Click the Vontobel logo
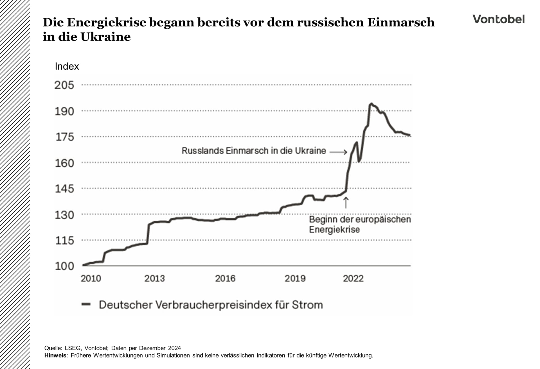pyautogui.click(x=498, y=19)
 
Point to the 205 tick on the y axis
pyautogui.click(x=64, y=85)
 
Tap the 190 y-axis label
pyautogui.click(x=64, y=112)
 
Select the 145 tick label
pyautogui.click(x=64, y=189)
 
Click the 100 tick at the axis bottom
pyautogui.click(x=64, y=266)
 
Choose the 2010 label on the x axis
pyautogui.click(x=91, y=278)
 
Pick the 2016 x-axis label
pyautogui.click(x=225, y=278)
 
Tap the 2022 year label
pyautogui.click(x=353, y=278)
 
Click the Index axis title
pyautogui.click(x=67, y=66)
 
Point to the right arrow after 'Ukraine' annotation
pyautogui.click(x=339, y=152)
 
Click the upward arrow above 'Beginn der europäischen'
pyautogui.click(x=346, y=202)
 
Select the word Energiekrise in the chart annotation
pyautogui.click(x=334, y=230)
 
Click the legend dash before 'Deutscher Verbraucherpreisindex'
pyautogui.click(x=86, y=304)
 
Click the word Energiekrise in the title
pyautogui.click(x=107, y=22)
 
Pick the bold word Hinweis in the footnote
pyautogui.click(x=55, y=355)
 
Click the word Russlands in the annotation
pyautogui.click(x=202, y=151)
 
